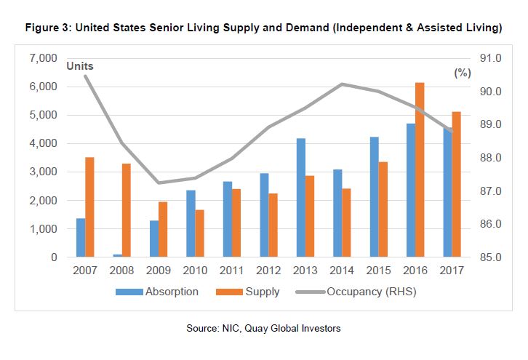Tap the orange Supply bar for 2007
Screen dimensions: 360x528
pyautogui.click(x=89, y=207)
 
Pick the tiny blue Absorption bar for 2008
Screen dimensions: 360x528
pyautogui.click(x=118, y=255)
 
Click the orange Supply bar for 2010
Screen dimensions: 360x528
pyautogui.click(x=200, y=233)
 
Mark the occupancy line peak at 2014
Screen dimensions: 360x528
pyautogui.click(x=342, y=84)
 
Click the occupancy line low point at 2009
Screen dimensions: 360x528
pyautogui.click(x=159, y=183)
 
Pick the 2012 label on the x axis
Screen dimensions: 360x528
pyautogui.click(x=268, y=271)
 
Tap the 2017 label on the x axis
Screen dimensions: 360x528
pyautogui.click(x=452, y=271)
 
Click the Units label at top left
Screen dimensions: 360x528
pyautogui.click(x=80, y=66)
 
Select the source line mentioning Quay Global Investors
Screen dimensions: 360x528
pyautogui.click(x=263, y=329)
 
